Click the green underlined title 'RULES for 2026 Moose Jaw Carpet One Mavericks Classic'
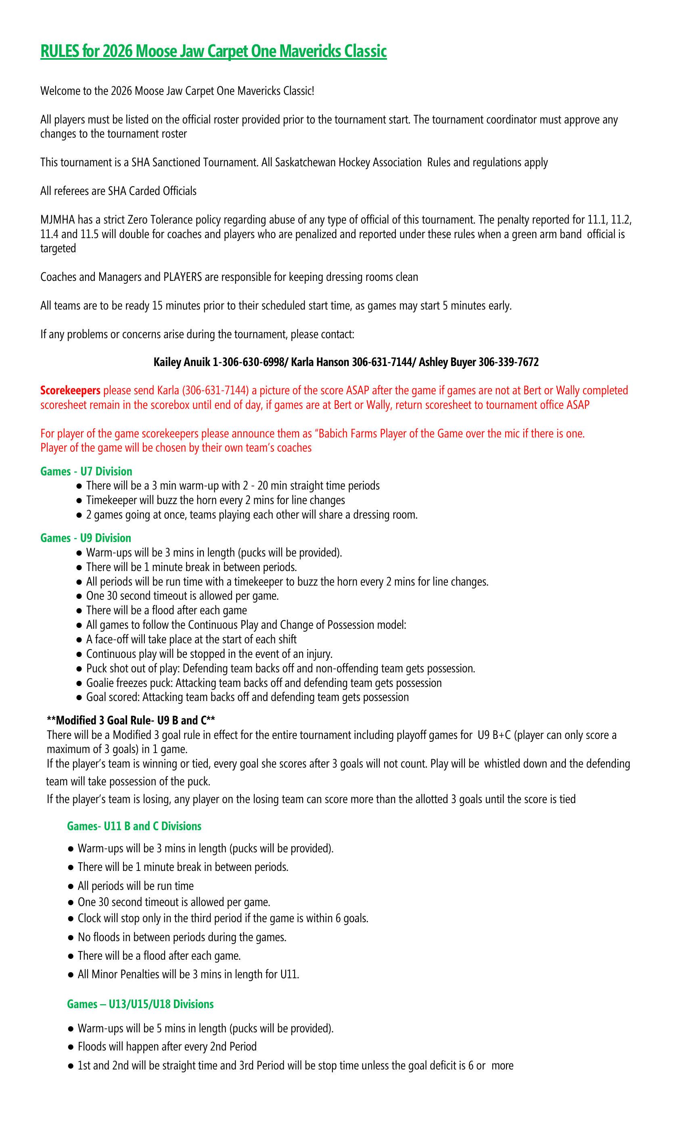213,51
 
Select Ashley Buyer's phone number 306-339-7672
508,362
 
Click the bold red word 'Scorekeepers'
70,390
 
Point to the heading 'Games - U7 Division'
86,471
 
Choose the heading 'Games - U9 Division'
86,538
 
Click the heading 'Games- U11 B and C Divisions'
134,826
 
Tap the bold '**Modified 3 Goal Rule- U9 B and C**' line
131,720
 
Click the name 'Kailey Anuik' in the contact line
181,362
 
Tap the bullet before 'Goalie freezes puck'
79,683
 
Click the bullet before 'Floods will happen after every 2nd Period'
71,1047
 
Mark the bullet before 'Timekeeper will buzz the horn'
79,501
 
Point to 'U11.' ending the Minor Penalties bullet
290,974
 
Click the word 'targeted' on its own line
58,249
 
